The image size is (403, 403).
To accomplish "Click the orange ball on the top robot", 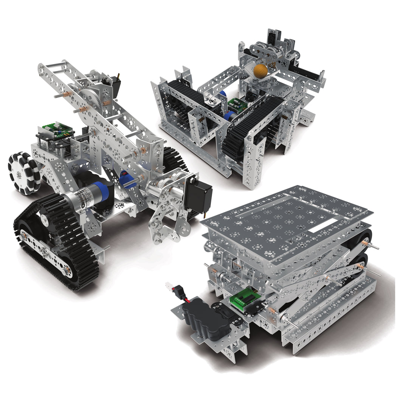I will tap(260, 71).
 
